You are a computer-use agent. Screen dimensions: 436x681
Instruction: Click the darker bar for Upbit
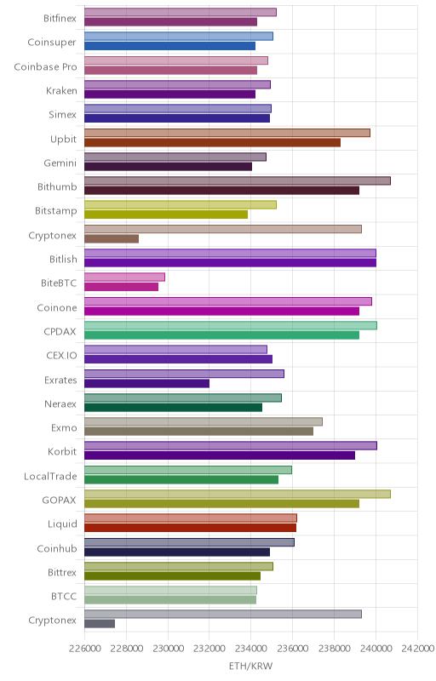[212, 142]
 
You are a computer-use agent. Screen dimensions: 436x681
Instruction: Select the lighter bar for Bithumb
[238, 180]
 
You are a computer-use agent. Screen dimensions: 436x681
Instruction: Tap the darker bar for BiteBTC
[121, 287]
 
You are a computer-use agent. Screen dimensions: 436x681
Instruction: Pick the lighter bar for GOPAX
[238, 494]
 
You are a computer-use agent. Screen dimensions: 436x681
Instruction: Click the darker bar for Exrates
[146, 383]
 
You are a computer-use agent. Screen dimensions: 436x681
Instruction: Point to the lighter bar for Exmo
[204, 421]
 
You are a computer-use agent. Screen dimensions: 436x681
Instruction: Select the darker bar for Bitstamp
[166, 215]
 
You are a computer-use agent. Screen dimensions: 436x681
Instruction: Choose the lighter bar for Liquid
[191, 518]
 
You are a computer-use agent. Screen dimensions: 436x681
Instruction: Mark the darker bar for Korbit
[220, 455]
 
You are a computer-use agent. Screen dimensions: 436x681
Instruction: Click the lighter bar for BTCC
[170, 590]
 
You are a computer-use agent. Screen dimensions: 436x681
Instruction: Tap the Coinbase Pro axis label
[45, 67]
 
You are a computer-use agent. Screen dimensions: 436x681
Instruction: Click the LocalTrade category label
[50, 477]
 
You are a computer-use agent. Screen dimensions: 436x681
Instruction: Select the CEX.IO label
[61, 356]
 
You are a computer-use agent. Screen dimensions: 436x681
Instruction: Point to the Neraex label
[60, 403]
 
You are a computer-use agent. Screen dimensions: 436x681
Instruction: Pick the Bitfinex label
[60, 18]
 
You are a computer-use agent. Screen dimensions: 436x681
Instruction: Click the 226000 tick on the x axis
[84, 649]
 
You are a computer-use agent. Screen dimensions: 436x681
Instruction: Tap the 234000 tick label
[250, 649]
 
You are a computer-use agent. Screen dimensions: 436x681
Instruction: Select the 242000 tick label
[419, 649]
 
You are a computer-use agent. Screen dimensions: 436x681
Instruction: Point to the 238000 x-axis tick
[334, 649]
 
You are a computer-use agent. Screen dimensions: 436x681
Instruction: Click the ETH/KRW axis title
[250, 667]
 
